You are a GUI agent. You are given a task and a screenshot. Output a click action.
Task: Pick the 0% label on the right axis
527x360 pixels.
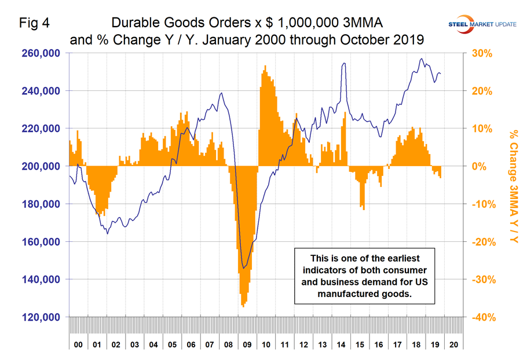point(481,166)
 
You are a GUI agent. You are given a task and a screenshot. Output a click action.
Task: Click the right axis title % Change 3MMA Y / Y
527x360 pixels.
point(512,185)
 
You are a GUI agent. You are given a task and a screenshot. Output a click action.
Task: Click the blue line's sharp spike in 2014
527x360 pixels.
point(345,64)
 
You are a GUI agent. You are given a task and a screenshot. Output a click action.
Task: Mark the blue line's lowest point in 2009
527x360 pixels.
point(244,268)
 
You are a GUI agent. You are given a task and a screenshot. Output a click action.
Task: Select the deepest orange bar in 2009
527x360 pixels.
point(243,306)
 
